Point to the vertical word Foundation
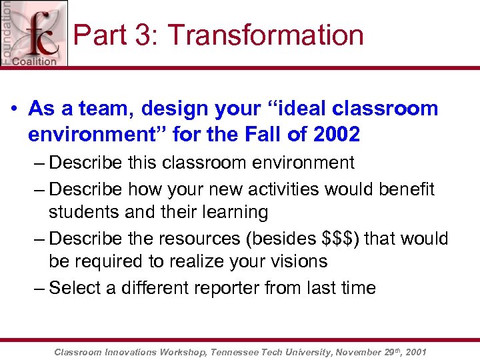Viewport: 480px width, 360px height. tap(7, 32)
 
